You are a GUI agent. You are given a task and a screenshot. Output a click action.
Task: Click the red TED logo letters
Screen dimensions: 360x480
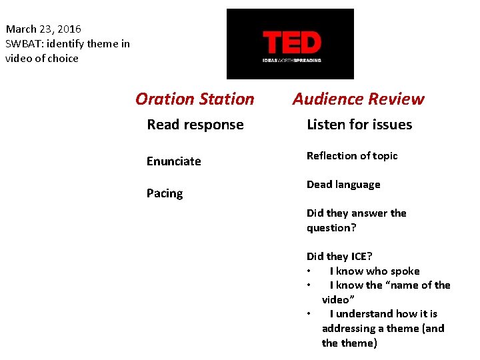pos(292,43)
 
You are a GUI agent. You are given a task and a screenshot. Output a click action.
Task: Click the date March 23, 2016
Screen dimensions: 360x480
pos(43,29)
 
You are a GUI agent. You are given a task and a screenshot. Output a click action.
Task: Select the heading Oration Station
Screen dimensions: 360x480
pos(195,99)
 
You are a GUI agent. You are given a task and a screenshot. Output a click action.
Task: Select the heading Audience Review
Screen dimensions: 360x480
pos(359,99)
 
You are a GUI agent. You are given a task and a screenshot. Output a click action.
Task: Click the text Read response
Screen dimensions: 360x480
pos(195,125)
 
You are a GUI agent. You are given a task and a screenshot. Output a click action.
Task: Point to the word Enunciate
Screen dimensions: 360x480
pos(173,161)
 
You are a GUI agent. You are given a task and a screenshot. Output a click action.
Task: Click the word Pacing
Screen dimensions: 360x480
pos(164,193)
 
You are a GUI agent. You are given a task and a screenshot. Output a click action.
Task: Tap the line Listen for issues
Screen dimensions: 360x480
pos(359,125)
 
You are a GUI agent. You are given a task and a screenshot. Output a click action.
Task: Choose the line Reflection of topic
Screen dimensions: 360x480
pos(351,156)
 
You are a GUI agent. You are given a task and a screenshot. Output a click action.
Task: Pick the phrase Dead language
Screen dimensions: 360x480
pos(343,185)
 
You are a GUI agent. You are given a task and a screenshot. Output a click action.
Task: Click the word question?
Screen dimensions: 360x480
pos(331,228)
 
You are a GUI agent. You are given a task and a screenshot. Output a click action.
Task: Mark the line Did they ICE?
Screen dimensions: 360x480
pos(339,257)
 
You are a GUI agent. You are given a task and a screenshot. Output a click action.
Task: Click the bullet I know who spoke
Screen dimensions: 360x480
pos(374,271)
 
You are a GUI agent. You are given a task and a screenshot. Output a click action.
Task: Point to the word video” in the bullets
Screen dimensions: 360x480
pos(338,299)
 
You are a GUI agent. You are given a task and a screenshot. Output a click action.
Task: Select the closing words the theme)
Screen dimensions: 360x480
pos(349,343)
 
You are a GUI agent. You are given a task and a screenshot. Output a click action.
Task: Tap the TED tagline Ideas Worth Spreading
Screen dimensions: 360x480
pos(291,60)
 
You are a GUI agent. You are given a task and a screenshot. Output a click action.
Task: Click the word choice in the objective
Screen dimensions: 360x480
pos(63,59)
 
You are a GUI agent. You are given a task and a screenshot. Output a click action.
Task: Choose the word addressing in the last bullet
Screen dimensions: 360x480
pos(347,329)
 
